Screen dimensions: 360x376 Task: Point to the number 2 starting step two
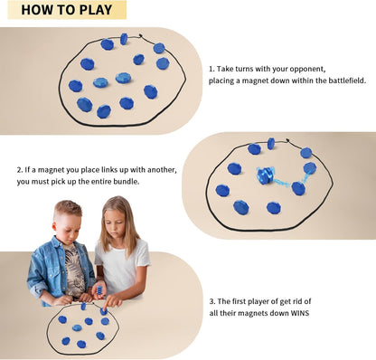pos(20,169)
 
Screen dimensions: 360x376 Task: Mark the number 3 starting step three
pos(211,300)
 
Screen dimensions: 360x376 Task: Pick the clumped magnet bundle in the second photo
pos(266,175)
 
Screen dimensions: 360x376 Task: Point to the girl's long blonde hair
pos(133,235)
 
